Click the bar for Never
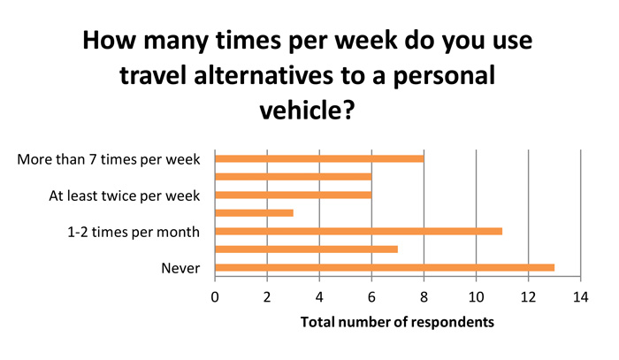point(385,268)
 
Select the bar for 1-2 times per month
point(359,232)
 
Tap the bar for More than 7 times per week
point(320,158)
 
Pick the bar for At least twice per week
point(294,195)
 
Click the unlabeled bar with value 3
point(255,213)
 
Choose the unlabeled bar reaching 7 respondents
point(307,249)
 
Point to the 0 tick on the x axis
point(215,297)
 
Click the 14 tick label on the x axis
point(581,297)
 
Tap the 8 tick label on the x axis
point(424,297)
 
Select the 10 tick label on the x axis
point(476,297)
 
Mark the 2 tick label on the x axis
point(267,297)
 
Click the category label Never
point(180,268)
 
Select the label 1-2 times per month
point(134,232)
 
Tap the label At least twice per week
point(125,195)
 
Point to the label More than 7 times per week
point(109,159)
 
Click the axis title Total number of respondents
point(397,322)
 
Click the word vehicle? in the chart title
point(307,111)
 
